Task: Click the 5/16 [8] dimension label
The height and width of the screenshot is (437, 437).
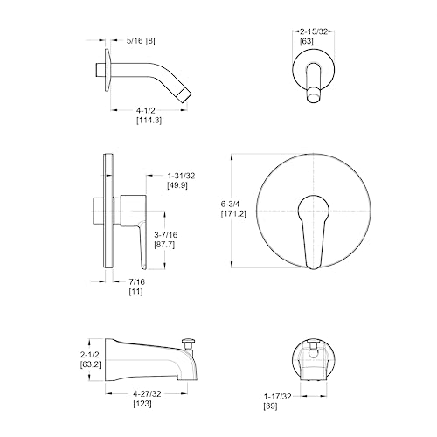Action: click(x=141, y=41)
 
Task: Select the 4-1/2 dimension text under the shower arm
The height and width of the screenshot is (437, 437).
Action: click(x=146, y=110)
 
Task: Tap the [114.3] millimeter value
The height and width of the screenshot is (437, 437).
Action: click(x=149, y=120)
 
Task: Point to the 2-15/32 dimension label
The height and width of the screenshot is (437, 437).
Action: click(x=314, y=31)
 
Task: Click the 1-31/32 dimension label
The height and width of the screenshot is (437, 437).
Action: click(x=181, y=176)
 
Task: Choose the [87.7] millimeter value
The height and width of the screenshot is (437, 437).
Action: click(x=164, y=244)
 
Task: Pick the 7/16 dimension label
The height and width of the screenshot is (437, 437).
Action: click(x=136, y=281)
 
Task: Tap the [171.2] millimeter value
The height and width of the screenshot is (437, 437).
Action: click(x=233, y=214)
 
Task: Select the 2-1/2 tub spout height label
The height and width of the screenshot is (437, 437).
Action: click(x=90, y=355)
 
